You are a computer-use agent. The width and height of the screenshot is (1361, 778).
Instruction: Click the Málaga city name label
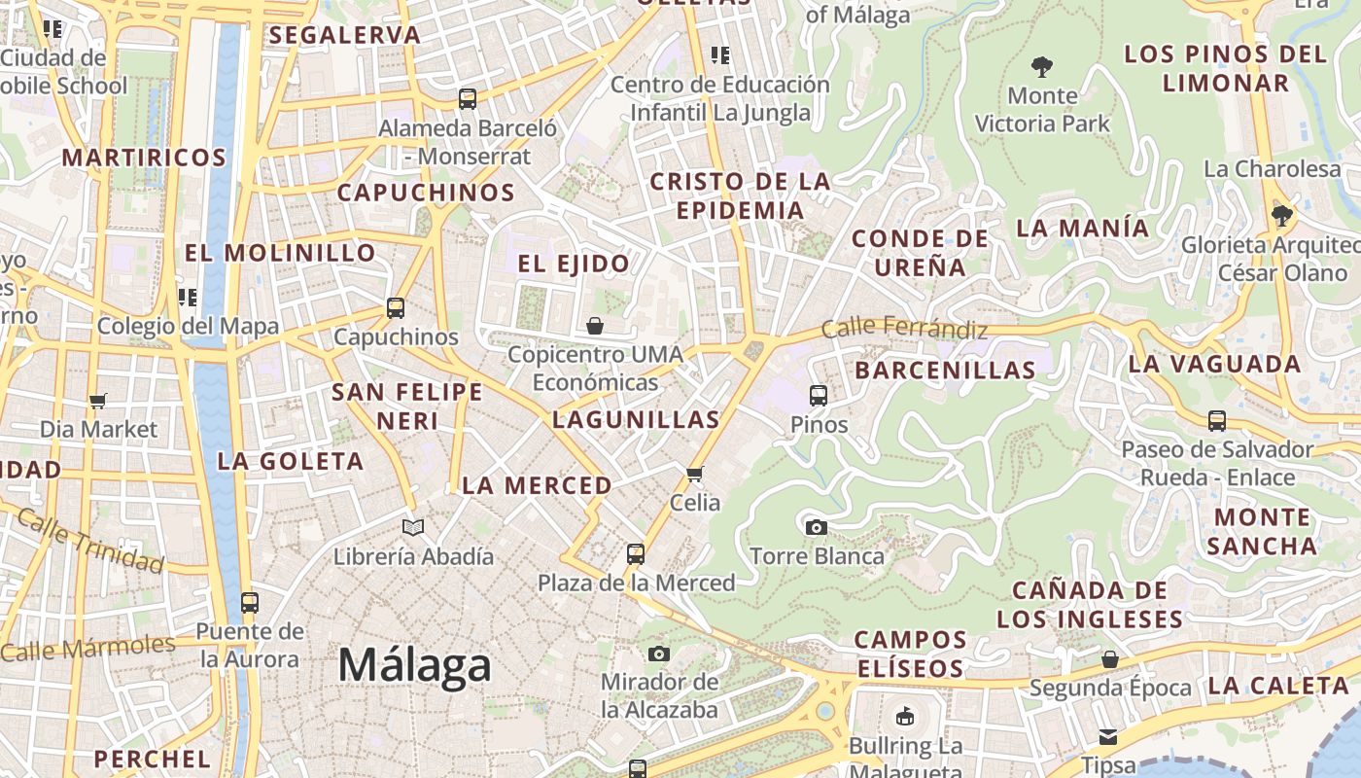pyautogui.click(x=415, y=666)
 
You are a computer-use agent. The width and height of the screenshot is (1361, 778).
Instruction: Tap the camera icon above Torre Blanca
pyautogui.click(x=817, y=527)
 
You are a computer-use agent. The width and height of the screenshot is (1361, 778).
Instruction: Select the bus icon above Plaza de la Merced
pyautogui.click(x=636, y=554)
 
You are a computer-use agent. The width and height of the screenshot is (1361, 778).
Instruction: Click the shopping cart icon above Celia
pyautogui.click(x=694, y=475)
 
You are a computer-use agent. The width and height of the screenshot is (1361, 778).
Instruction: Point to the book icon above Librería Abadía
pyautogui.click(x=413, y=527)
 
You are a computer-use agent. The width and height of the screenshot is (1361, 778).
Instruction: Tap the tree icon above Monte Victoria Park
pyautogui.click(x=1042, y=67)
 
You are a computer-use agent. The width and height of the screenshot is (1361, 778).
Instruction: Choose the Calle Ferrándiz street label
pyautogui.click(x=904, y=329)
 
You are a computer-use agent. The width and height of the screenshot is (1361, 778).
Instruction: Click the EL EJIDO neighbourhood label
pyautogui.click(x=574, y=264)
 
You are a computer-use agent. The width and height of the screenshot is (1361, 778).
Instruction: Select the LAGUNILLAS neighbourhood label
pyautogui.click(x=636, y=420)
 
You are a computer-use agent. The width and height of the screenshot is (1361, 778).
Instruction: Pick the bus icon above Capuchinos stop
pyautogui.click(x=395, y=308)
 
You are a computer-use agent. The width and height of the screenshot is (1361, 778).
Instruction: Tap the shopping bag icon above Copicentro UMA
pyautogui.click(x=595, y=326)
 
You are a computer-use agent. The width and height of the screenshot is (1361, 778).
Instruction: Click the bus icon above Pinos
pyautogui.click(x=819, y=396)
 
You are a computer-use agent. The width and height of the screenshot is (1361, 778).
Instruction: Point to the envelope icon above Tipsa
pyautogui.click(x=1108, y=737)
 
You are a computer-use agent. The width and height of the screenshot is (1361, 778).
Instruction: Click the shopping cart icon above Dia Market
pyautogui.click(x=97, y=401)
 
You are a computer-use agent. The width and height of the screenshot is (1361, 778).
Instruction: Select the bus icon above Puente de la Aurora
pyautogui.click(x=250, y=603)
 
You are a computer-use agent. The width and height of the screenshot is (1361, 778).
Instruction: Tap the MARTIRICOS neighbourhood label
pyautogui.click(x=144, y=158)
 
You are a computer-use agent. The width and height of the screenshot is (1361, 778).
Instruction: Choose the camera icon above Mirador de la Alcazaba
pyautogui.click(x=659, y=654)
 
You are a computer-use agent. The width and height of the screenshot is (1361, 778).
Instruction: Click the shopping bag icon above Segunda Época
pyautogui.click(x=1110, y=659)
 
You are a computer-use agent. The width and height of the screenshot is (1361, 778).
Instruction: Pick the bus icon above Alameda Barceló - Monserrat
pyautogui.click(x=468, y=98)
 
